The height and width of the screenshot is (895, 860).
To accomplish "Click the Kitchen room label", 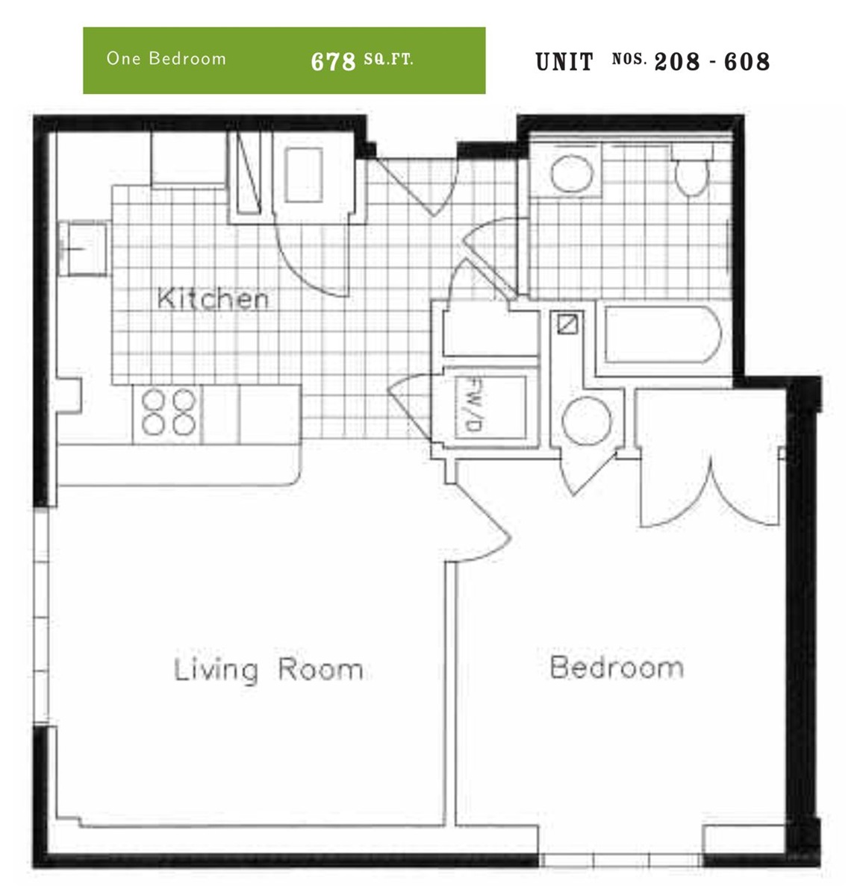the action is (213, 298).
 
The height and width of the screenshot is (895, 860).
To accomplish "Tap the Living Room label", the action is (269, 670).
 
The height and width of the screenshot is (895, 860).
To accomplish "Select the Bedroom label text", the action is (617, 668).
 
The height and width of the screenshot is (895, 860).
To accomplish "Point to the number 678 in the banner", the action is (333, 61).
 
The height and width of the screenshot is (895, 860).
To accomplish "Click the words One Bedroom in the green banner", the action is (166, 58).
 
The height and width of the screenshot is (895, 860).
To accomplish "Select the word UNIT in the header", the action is (564, 62).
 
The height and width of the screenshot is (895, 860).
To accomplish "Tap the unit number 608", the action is (747, 62).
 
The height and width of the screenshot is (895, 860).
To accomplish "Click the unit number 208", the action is (677, 62).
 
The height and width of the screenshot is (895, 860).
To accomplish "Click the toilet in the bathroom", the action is (691, 170).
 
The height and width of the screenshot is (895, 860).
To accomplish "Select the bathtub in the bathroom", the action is (663, 334).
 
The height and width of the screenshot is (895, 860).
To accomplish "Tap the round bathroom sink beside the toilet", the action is (572, 174).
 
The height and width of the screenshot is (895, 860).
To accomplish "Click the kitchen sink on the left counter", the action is (84, 249).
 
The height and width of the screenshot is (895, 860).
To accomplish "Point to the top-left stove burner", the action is (153, 399).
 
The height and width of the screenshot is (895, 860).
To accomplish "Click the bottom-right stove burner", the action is (184, 424).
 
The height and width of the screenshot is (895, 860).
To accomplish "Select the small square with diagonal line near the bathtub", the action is (567, 324).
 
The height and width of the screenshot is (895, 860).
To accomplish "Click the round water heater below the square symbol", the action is (587, 421).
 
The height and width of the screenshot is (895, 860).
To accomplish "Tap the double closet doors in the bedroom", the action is (711, 492).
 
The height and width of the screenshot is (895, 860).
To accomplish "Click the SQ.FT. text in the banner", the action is (388, 60).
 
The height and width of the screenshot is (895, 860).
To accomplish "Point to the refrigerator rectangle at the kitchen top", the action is (303, 175).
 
